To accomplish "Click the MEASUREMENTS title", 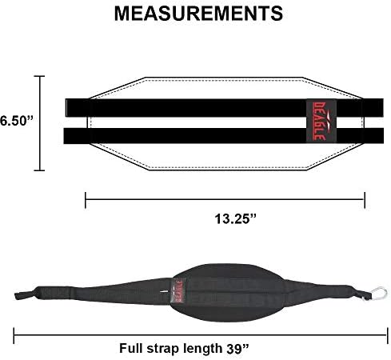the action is point(198,14).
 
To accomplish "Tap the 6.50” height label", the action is point(17,121).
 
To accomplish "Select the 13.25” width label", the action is point(235,219).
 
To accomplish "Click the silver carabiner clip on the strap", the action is point(377,294).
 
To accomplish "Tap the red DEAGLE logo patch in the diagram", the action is point(321,122).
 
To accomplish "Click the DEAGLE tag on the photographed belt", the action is point(178,290).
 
